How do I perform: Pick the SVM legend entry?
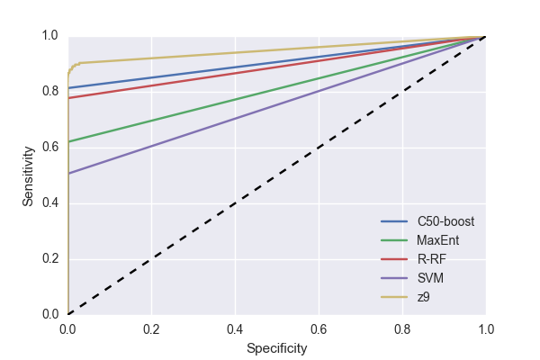[428, 278]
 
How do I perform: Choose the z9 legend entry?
[423, 297]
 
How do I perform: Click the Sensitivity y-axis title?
[29, 175]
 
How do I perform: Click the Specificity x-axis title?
[276, 347]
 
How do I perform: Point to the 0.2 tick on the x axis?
[151, 328]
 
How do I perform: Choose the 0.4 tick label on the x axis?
[235, 328]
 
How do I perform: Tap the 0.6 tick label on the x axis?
[319, 328]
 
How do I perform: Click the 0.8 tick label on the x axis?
[402, 328]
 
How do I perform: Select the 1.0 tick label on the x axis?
[485, 328]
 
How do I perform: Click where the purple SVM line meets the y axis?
[68, 173]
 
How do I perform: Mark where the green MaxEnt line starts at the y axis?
[68, 141]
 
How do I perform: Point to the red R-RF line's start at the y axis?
[68, 97]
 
